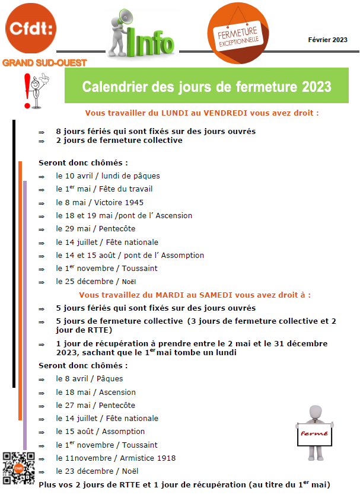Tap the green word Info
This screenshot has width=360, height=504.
151,43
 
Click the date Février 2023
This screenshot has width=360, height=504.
327,40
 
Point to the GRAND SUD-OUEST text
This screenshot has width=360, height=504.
44,62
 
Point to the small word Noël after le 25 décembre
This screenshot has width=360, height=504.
129,282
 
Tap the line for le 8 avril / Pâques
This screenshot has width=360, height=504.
90,378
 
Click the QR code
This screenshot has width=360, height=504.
19,467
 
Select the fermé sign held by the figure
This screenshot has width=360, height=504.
314,434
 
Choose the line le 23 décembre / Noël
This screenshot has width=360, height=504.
97,471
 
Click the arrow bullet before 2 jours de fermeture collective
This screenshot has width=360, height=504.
42,141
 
